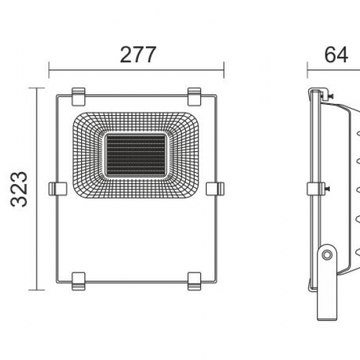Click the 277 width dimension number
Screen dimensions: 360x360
pos(138,54)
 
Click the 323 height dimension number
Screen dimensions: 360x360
pos(19,189)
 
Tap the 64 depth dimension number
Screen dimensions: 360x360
pos(336,55)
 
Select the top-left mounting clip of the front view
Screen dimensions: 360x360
pos(79,97)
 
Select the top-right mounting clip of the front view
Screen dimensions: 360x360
pos(194,97)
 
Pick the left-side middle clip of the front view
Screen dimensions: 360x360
pos(58,189)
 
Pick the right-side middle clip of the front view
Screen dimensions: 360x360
pos(215,189)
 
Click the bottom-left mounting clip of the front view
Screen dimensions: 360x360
pos(79,281)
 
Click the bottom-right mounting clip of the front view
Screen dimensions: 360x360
pos(194,281)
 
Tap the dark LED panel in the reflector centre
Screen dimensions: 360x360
pos(136,156)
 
